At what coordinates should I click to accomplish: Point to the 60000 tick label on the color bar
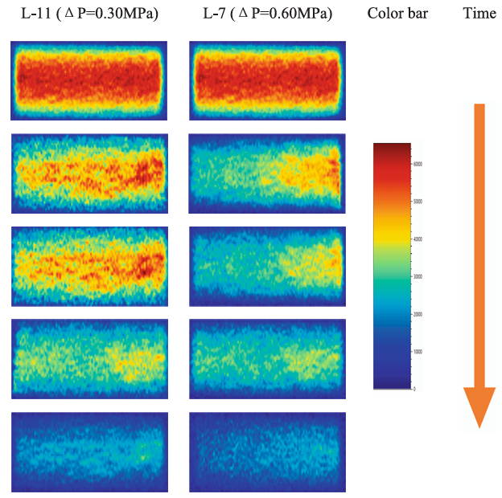pyautogui.click(x=418, y=164)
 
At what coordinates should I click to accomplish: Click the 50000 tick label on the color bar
pyautogui.click(x=418, y=202)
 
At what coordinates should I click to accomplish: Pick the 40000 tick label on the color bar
pyautogui.click(x=418, y=239)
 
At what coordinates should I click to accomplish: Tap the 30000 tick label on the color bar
pyautogui.click(x=418, y=276)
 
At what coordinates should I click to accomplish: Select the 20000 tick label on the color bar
pyautogui.click(x=418, y=314)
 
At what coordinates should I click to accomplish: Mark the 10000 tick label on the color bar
pyautogui.click(x=418, y=352)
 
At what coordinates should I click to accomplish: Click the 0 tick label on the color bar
pyautogui.click(x=414, y=389)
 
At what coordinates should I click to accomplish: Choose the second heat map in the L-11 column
pyautogui.click(x=88, y=173)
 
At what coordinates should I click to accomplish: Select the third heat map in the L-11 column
pyautogui.click(x=88, y=266)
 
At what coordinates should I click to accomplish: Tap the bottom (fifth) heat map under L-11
pyautogui.click(x=88, y=452)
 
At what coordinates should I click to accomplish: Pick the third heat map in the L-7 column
pyautogui.click(x=267, y=266)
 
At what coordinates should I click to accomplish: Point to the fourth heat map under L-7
pyautogui.click(x=267, y=358)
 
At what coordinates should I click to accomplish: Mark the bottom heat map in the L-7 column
pyautogui.click(x=267, y=452)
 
